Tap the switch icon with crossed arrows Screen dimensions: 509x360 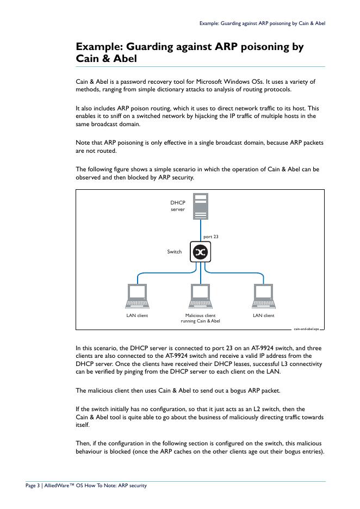200,252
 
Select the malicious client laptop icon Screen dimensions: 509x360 200,296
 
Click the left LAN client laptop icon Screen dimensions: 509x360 137,296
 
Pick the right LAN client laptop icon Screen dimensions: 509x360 264,296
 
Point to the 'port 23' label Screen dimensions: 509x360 210,237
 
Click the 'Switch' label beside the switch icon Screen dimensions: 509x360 174,252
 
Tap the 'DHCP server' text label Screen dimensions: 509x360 178,206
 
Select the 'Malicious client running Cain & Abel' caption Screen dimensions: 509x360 200,318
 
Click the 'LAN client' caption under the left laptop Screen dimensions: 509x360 137,315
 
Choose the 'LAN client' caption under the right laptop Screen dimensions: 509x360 264,315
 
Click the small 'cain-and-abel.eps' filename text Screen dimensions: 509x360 307,328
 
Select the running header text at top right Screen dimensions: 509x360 262,23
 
